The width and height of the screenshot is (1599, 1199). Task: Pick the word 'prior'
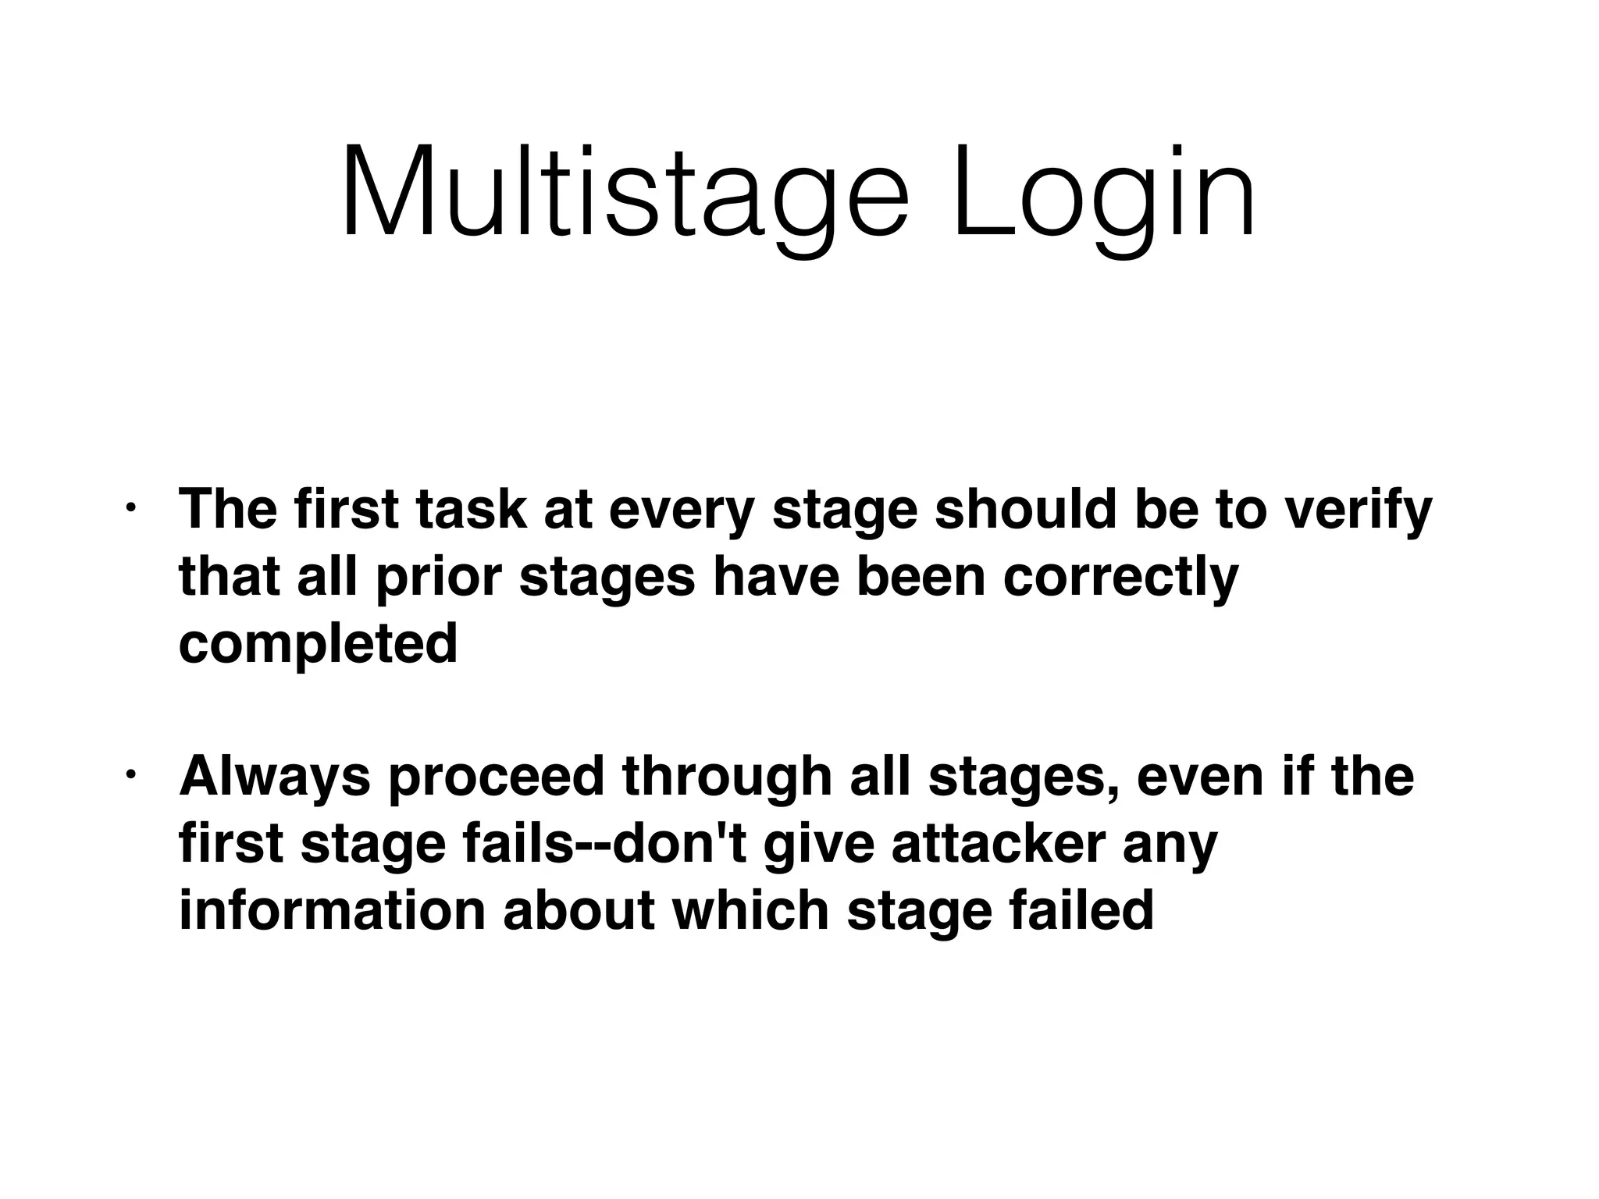pyautogui.click(x=437, y=579)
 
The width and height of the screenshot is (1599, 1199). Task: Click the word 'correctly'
pyautogui.click(x=1120, y=579)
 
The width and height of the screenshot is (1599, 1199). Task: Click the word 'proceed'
pyautogui.click(x=497, y=777)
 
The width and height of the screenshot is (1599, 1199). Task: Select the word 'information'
pyautogui.click(x=333, y=911)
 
